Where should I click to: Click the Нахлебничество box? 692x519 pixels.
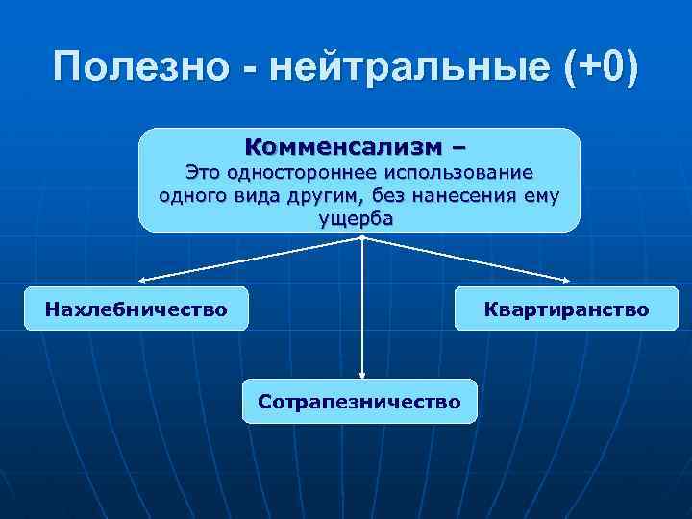[x=136, y=309]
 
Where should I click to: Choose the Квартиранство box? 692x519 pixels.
[x=567, y=309]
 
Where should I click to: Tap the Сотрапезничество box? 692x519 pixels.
[x=359, y=400]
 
